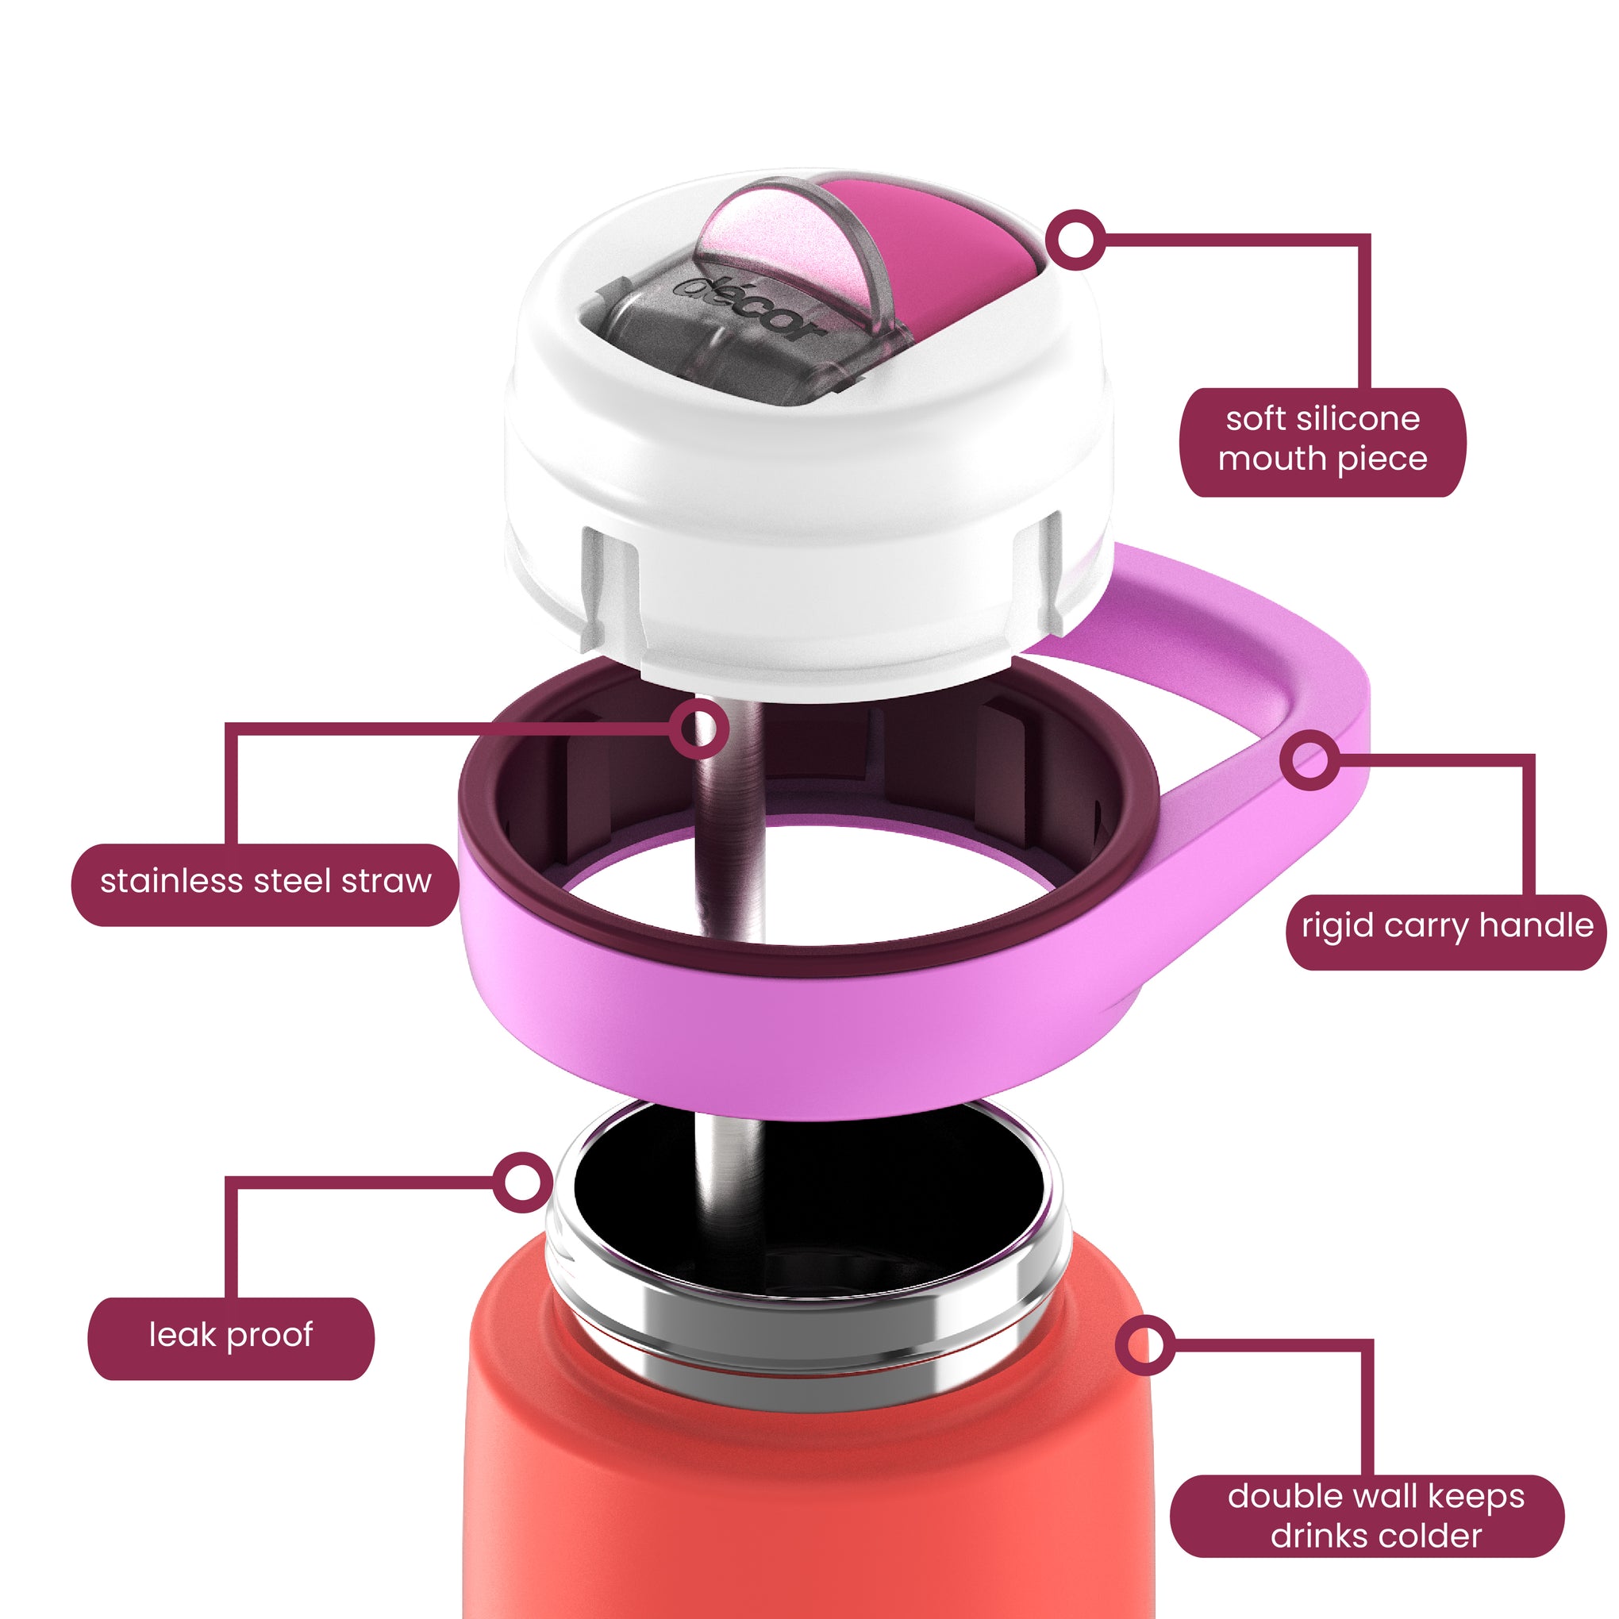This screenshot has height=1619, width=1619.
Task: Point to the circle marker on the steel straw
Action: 699,729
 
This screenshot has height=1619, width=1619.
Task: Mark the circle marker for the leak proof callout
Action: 521,1182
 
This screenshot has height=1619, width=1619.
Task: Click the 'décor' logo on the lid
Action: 748,310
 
